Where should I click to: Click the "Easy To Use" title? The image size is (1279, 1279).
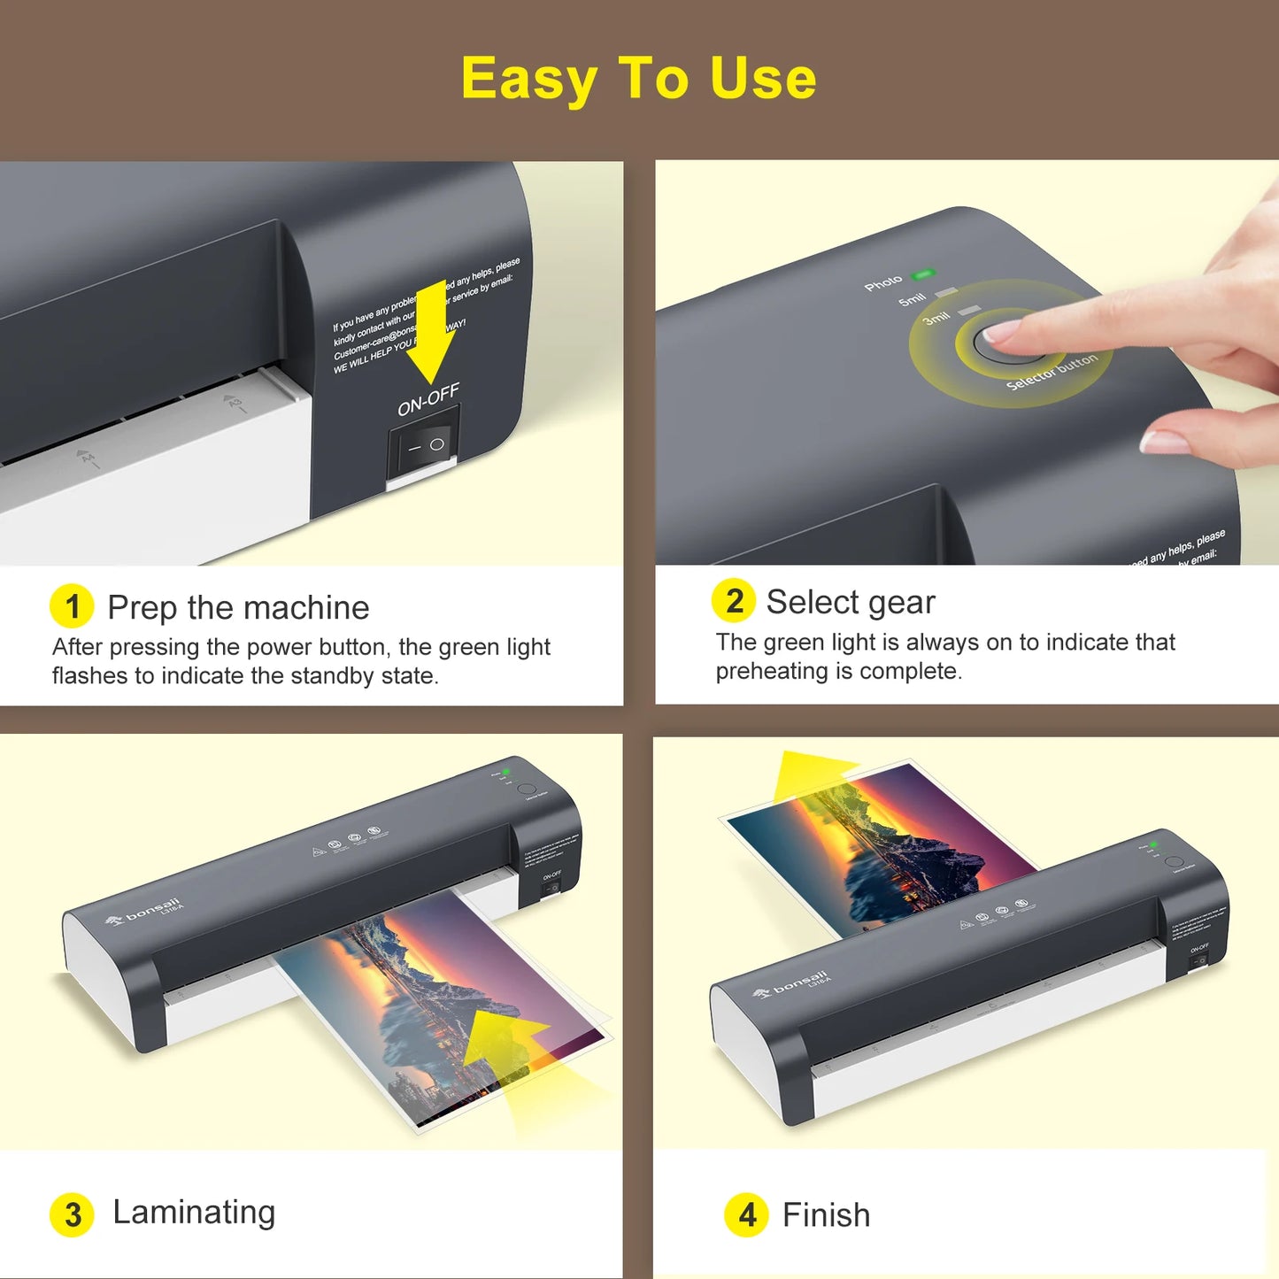[x=638, y=79]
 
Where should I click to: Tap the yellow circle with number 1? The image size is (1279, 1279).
[x=72, y=606]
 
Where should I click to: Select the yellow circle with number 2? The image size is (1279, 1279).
[x=733, y=601]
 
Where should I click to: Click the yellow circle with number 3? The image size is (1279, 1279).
[x=72, y=1214]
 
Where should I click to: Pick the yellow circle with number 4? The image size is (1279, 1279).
[x=746, y=1214]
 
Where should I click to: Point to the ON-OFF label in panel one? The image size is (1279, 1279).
[x=428, y=400]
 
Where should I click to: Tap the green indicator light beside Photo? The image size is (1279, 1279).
[x=924, y=274]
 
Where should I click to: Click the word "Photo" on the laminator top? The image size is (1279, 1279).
[x=883, y=283]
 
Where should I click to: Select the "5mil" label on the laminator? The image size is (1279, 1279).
[x=912, y=300]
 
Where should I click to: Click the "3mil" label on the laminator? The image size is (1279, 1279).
[x=936, y=317]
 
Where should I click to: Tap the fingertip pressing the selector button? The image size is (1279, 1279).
[x=1005, y=334]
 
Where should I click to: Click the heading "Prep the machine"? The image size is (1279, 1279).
[x=238, y=607]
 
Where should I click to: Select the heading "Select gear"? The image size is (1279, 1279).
[x=850, y=602]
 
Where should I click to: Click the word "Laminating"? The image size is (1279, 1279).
[x=194, y=1212]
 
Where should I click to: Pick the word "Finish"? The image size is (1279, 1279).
[x=826, y=1215]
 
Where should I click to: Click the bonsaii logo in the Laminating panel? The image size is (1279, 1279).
[x=145, y=912]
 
